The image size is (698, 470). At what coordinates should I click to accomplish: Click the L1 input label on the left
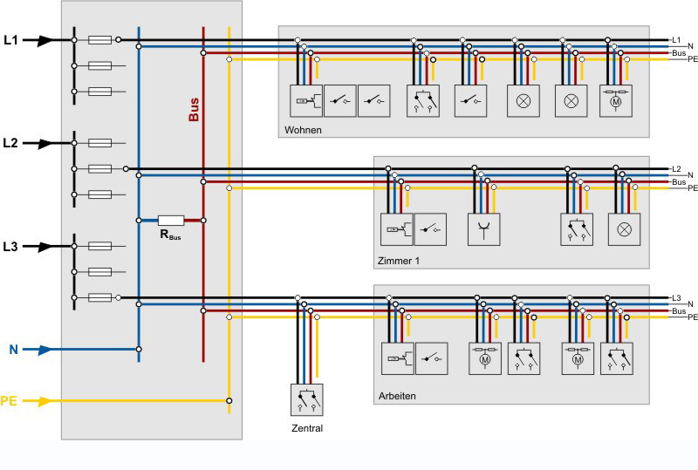pos(10,39)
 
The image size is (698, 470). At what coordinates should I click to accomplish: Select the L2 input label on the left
pos(10,142)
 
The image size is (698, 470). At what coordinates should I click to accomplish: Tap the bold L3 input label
pos(10,246)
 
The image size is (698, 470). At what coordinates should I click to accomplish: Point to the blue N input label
pos(13,350)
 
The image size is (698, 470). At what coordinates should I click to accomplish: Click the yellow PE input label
pos(9,401)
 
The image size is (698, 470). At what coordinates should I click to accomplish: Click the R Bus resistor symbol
pos(170,220)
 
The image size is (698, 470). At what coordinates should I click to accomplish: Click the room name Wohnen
pos(303,130)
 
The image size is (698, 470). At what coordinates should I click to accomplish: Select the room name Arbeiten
pos(398,396)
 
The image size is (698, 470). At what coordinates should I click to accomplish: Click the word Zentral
pos(307,428)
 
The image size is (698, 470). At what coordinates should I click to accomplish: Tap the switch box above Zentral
pos(307,399)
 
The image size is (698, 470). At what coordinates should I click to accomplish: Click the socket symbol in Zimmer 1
pos(484,229)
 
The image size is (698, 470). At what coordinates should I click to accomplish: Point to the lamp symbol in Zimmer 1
pos(624,229)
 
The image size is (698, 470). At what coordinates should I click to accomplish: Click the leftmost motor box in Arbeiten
pos(484,358)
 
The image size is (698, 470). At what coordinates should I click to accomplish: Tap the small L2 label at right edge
pos(676,168)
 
